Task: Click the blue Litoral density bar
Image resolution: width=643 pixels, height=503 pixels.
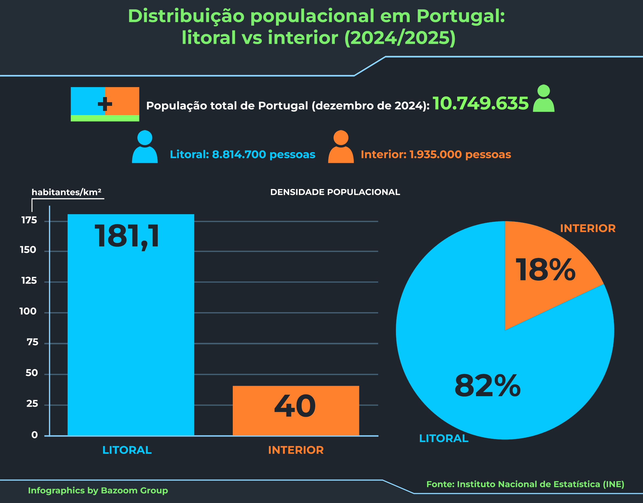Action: click(x=131, y=339)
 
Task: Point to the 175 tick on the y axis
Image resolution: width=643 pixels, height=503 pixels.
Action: click(x=29, y=220)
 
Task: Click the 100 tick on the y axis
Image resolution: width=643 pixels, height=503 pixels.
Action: click(x=28, y=311)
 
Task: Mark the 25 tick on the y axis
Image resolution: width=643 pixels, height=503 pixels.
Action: click(x=32, y=404)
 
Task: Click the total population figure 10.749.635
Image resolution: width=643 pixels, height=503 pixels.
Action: click(x=480, y=103)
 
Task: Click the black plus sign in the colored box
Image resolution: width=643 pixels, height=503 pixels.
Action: click(x=105, y=104)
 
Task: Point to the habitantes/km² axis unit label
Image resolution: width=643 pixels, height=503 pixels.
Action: click(x=66, y=192)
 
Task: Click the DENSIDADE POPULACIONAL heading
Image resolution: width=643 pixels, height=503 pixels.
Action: click(x=335, y=192)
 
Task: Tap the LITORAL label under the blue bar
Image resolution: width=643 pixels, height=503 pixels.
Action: click(x=127, y=450)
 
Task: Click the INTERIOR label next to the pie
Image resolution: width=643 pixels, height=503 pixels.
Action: click(x=588, y=228)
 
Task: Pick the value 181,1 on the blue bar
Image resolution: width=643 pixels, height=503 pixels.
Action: click(x=127, y=236)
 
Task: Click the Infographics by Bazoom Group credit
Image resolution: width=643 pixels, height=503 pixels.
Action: click(x=98, y=490)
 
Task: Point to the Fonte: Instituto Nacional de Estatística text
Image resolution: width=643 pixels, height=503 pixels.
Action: click(x=525, y=484)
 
